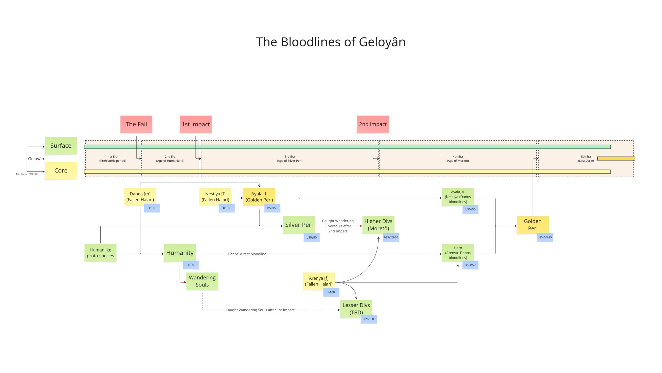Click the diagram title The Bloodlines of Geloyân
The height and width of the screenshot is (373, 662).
pyautogui.click(x=330, y=42)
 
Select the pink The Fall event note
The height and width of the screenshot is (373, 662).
pyautogui.click(x=136, y=124)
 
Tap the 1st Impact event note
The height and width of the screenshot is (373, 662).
pyautogui.click(x=195, y=124)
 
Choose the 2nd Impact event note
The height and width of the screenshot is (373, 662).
pyautogui.click(x=373, y=124)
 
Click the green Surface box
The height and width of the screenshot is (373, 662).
pyautogui.click(x=61, y=146)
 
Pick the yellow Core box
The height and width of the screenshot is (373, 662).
pyautogui.click(x=61, y=170)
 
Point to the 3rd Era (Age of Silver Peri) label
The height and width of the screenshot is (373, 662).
pyautogui.click(x=290, y=159)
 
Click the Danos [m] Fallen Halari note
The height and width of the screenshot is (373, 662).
pyautogui.click(x=140, y=197)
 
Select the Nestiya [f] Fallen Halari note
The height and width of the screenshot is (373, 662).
pyautogui.click(x=215, y=197)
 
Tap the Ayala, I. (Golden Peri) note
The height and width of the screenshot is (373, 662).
pyautogui.click(x=259, y=197)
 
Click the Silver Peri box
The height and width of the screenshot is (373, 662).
pyautogui.click(x=299, y=225)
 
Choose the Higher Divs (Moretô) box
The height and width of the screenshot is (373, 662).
pyautogui.click(x=378, y=225)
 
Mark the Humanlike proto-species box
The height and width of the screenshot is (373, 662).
pyautogui.click(x=100, y=253)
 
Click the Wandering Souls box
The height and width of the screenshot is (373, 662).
pyautogui.click(x=202, y=281)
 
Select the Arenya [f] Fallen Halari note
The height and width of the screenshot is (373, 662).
pyautogui.click(x=319, y=281)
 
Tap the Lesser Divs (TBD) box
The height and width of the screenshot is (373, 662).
pyautogui.click(x=356, y=309)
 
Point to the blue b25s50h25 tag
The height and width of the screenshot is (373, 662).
pyautogui.click(x=545, y=237)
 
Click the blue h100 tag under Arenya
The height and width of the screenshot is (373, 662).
pyautogui.click(x=331, y=292)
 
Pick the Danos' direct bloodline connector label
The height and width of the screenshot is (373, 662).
pyautogui.click(x=247, y=254)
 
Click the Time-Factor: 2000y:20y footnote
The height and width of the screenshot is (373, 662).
pyautogui.click(x=27, y=174)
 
